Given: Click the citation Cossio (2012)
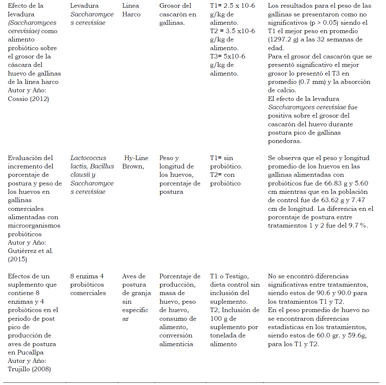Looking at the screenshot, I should point(29,99).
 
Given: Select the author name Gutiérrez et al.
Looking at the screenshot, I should point(30,251).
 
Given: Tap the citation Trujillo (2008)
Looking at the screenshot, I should point(30,369).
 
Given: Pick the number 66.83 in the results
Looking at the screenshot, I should point(333,183).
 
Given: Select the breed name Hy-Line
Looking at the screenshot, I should point(136,158).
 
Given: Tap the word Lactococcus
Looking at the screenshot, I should point(88,158).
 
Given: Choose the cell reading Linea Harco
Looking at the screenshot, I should point(131,10).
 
